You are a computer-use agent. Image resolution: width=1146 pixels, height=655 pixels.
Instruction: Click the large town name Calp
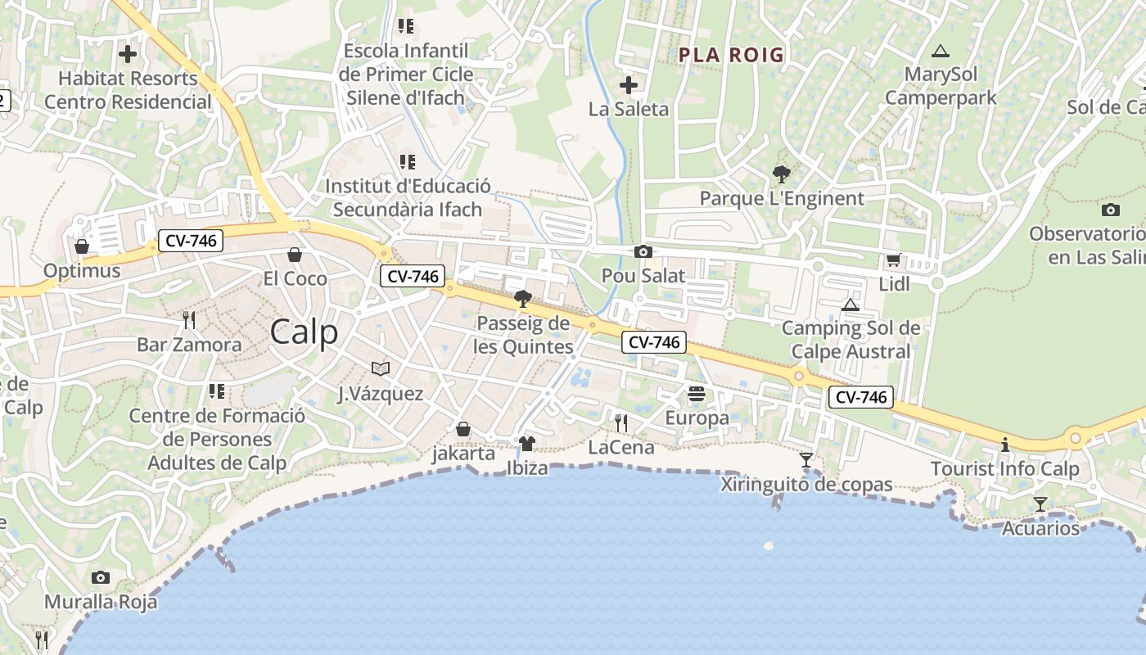click(x=304, y=332)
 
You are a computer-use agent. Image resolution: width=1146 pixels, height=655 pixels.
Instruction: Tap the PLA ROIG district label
click(x=731, y=55)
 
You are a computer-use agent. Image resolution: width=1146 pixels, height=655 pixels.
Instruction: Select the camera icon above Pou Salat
click(x=643, y=252)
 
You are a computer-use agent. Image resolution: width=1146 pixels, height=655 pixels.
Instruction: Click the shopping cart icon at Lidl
click(x=893, y=260)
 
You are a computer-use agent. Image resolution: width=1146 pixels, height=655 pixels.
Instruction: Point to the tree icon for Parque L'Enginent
click(x=781, y=174)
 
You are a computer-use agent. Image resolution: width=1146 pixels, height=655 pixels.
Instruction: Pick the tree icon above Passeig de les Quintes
click(x=523, y=299)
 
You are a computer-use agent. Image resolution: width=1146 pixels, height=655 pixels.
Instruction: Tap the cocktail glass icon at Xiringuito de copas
click(x=806, y=460)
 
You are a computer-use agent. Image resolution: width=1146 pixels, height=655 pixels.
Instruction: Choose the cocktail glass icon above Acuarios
click(x=1040, y=504)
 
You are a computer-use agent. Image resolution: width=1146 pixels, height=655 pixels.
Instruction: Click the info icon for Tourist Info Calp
click(x=1005, y=445)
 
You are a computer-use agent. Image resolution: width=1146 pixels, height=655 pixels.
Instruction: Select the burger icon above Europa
click(x=697, y=394)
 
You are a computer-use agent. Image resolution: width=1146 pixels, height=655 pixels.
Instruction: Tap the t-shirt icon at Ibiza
click(x=527, y=444)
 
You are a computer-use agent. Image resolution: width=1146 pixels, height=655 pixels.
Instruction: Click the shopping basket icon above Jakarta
click(x=463, y=429)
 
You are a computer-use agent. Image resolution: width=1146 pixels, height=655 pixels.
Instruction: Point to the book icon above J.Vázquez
click(x=381, y=369)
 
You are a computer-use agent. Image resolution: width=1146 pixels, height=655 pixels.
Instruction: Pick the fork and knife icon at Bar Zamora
click(x=189, y=319)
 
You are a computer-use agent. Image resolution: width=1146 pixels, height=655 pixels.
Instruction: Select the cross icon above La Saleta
click(x=629, y=85)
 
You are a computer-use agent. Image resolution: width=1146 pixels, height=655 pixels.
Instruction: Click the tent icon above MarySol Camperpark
click(x=941, y=51)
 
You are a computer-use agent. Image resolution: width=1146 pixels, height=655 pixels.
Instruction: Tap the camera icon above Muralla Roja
click(x=101, y=578)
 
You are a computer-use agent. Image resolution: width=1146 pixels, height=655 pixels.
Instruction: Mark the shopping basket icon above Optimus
click(x=82, y=246)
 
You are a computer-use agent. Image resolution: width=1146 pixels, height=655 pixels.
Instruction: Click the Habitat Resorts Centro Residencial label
click(x=128, y=90)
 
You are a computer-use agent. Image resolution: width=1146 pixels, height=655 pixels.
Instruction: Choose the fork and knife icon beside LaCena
click(x=621, y=422)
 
